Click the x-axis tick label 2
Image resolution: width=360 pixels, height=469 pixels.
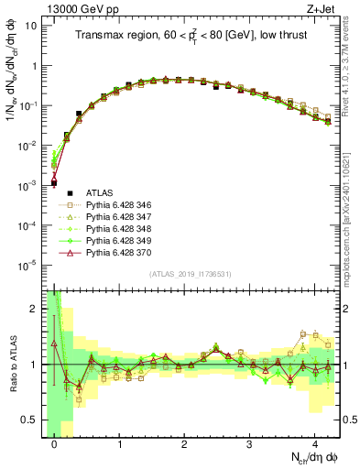pos(184,443)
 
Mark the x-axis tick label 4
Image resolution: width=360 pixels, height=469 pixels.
pos(314,443)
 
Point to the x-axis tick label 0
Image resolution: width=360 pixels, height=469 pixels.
pos(55,443)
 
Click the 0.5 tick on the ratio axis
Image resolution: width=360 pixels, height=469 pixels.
pos(31,420)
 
